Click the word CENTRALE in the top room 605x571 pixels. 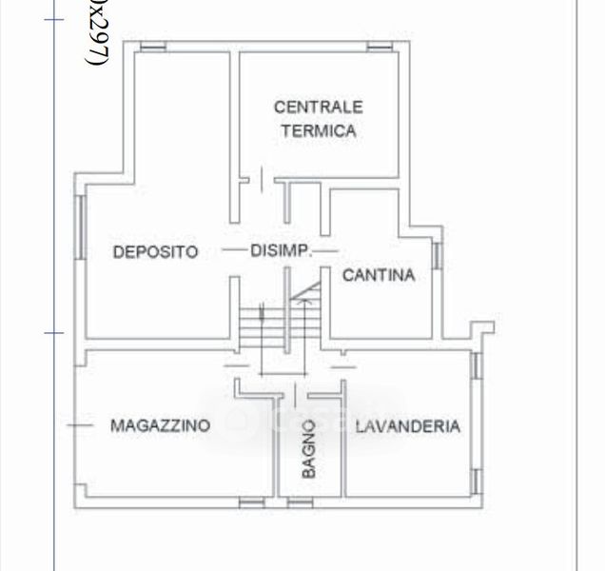click(x=318, y=108)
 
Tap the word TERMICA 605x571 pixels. click(x=318, y=131)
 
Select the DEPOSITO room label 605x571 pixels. click(x=155, y=252)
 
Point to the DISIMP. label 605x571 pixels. click(x=280, y=251)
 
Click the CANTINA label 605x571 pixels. click(x=378, y=276)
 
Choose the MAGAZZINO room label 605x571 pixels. click(x=159, y=425)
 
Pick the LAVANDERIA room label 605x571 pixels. click(x=407, y=426)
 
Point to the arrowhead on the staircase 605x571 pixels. click(x=303, y=298)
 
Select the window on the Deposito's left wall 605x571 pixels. click(x=82, y=225)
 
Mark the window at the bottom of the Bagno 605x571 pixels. click(x=300, y=501)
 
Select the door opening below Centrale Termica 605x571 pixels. click(x=256, y=178)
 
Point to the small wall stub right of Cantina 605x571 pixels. click(x=480, y=329)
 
